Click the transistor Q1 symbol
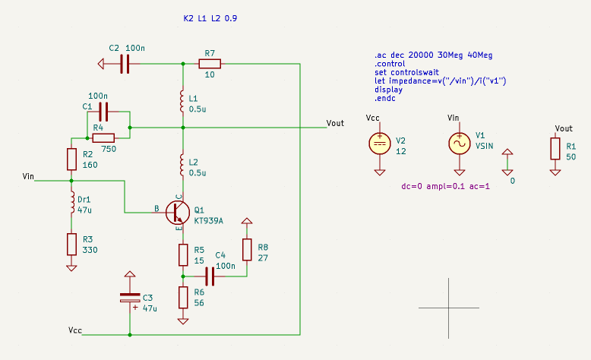coord(176,213)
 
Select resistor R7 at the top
coord(210,64)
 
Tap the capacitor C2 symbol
coord(126,64)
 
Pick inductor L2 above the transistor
coord(182,163)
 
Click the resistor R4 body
coord(103,137)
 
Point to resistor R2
coord(71,159)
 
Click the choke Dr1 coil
coord(71,202)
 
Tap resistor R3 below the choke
coord(71,244)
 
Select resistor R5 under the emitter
coord(182,254)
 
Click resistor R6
coord(182,297)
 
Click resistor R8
coord(246,248)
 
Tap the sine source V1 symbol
coord(460,143)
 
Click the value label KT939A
coord(210,220)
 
